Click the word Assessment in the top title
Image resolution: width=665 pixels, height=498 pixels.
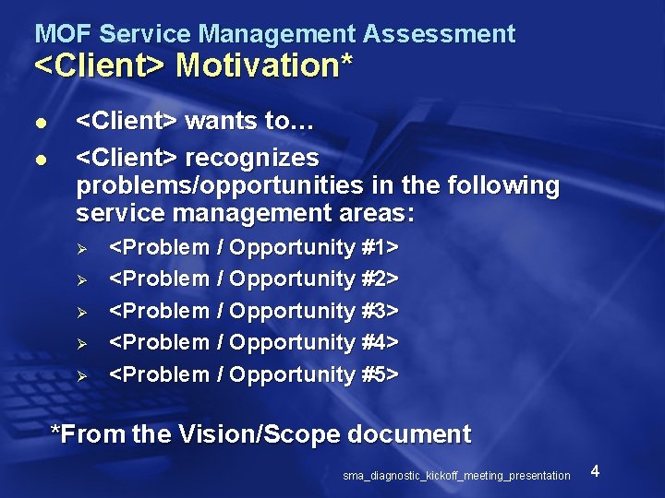[x=439, y=35]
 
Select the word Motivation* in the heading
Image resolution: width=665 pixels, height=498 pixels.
[x=264, y=66]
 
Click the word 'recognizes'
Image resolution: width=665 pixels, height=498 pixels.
[x=251, y=158]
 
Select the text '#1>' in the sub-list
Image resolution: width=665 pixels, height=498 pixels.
[x=379, y=248]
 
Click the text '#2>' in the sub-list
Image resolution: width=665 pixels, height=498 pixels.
[x=379, y=279]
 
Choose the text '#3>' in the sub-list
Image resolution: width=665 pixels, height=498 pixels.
[x=379, y=311]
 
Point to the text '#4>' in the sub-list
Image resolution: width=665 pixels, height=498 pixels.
[x=379, y=342]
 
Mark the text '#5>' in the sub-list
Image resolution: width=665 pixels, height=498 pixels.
[x=379, y=374]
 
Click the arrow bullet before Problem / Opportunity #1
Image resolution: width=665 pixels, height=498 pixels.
[x=81, y=249]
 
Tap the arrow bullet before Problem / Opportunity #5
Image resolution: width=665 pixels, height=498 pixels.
[x=81, y=375]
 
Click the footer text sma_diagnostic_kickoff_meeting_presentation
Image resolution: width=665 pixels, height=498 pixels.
[x=456, y=476]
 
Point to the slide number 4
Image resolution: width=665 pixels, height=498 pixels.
[x=595, y=472]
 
